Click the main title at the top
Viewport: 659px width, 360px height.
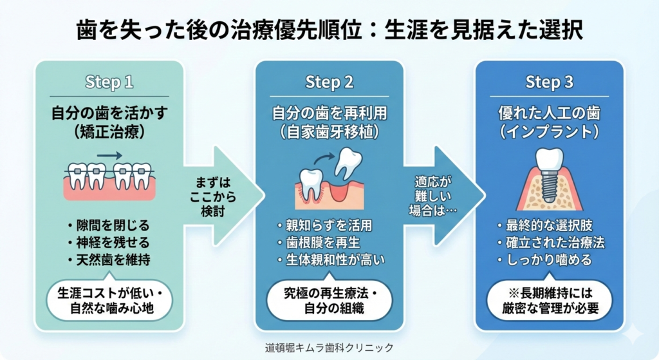pos(329,30)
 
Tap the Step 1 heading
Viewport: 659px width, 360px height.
pos(109,82)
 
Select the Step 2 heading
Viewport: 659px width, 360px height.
pos(329,82)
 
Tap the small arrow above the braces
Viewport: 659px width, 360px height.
pos(109,155)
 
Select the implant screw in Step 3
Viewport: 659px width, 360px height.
pos(550,187)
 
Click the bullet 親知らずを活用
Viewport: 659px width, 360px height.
pos(324,225)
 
